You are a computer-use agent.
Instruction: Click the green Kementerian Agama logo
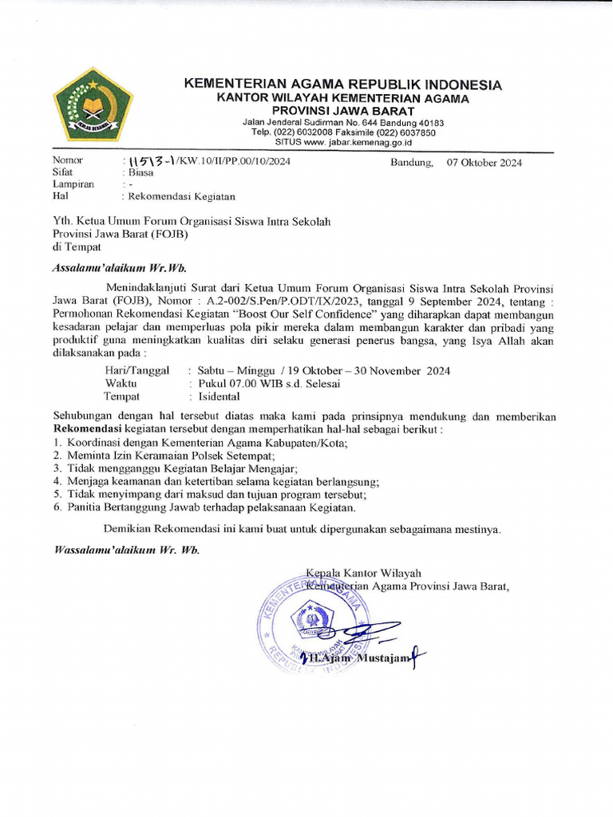point(93,104)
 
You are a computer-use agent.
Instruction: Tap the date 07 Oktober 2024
point(484,163)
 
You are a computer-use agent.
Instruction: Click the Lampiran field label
point(73,184)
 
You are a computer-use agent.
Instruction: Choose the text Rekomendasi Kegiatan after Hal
point(181,195)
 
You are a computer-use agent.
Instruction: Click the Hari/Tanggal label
point(137,371)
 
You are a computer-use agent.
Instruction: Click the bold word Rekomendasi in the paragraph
point(87,429)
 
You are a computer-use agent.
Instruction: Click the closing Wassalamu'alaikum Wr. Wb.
point(126,551)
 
